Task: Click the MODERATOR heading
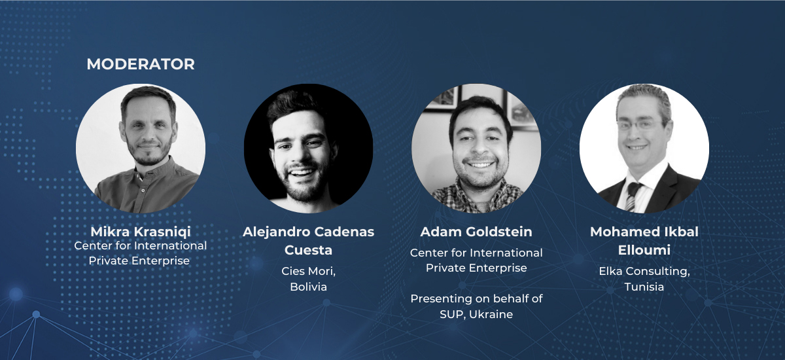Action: coord(141,64)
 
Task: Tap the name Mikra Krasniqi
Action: coord(141,232)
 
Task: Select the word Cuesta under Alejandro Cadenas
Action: coord(308,250)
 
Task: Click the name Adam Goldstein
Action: coord(476,232)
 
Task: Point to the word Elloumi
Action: coord(644,250)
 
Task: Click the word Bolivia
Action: coord(308,287)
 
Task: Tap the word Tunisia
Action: coord(644,287)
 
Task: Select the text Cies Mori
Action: coord(307,271)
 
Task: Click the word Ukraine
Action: coord(491,314)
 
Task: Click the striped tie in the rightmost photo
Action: coord(632,196)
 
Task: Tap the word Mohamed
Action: coord(619,232)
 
